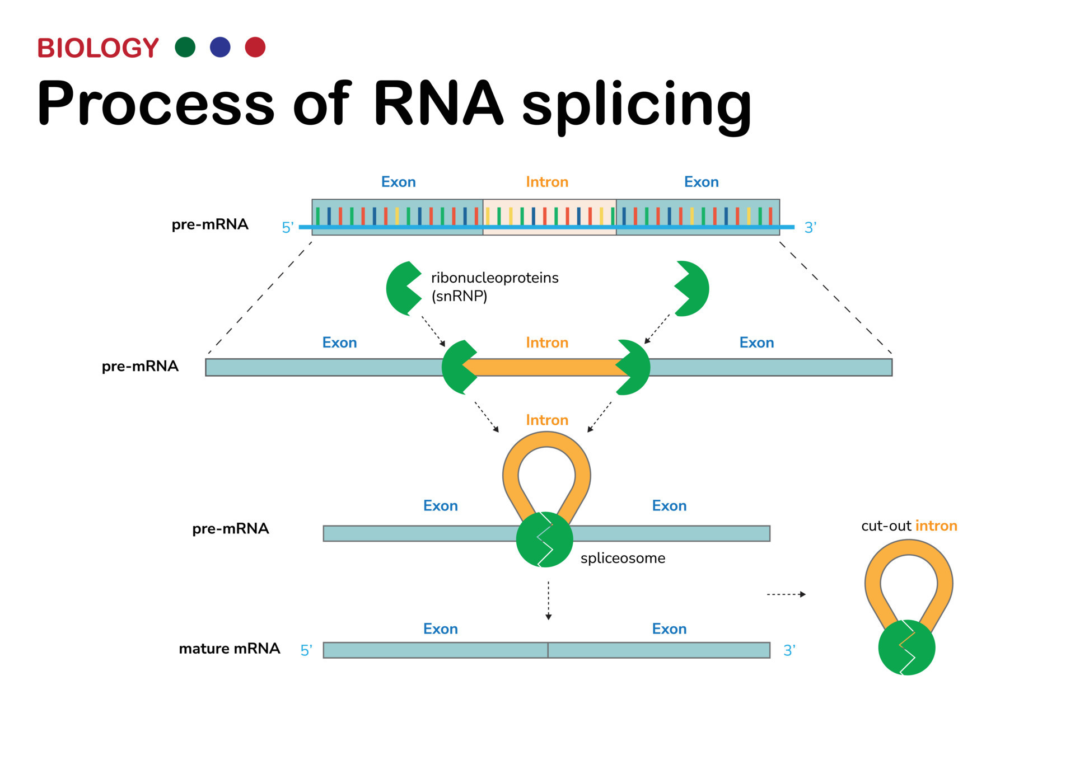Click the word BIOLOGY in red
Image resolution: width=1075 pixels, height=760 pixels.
(98, 48)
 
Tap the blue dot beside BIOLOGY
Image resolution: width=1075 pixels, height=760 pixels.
(220, 47)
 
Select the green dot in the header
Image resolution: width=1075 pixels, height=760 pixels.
(185, 47)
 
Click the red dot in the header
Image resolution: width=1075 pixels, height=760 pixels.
(255, 47)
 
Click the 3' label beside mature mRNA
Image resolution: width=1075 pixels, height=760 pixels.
(789, 650)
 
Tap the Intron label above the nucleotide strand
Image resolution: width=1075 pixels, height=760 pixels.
(547, 182)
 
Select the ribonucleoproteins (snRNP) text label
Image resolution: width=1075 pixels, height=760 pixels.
(494, 287)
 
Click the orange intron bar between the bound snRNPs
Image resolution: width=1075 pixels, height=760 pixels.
(546, 367)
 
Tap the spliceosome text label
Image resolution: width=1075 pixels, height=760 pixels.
(623, 558)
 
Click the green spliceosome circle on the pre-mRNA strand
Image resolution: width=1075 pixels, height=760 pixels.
(544, 540)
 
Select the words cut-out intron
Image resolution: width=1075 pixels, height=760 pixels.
(909, 526)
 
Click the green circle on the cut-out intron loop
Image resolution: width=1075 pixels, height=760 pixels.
(906, 648)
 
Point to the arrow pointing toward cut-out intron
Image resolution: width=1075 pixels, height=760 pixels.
(786, 594)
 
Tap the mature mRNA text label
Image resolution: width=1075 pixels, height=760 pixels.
(229, 649)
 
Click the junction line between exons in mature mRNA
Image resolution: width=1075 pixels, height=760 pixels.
(548, 650)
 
